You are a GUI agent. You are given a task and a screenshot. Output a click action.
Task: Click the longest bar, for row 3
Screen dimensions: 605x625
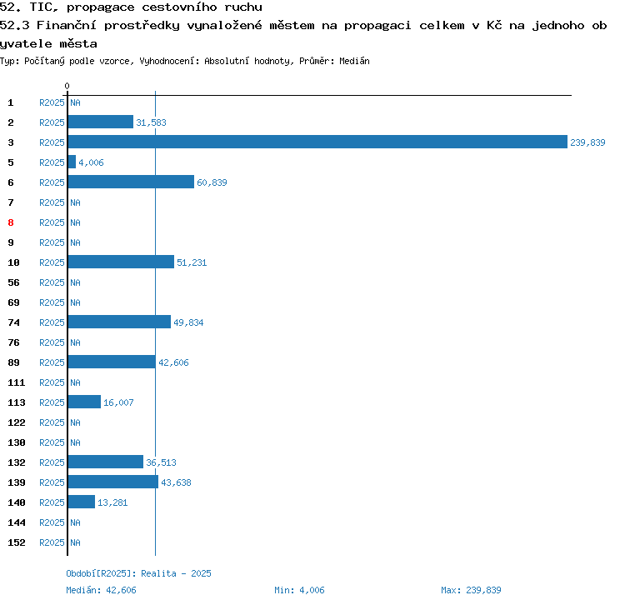click(317, 142)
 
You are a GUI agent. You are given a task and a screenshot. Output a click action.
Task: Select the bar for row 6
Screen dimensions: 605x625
click(131, 182)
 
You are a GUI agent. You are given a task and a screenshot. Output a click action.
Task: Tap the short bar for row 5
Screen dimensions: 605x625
click(72, 162)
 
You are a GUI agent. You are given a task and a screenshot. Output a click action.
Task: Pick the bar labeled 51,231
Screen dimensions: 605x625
click(121, 262)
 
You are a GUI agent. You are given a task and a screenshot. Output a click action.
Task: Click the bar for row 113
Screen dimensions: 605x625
click(84, 402)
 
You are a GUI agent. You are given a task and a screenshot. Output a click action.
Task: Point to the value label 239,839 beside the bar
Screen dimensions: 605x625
click(587, 142)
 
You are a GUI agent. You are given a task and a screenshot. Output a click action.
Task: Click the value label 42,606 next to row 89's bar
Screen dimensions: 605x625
click(173, 362)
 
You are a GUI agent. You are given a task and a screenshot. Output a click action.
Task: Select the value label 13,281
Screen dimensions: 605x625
click(112, 502)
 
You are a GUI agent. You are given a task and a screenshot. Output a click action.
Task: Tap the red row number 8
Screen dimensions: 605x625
click(11, 222)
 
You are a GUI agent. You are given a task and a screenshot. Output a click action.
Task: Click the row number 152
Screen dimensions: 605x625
click(17, 542)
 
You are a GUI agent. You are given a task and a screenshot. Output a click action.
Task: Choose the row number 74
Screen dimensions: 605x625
click(14, 322)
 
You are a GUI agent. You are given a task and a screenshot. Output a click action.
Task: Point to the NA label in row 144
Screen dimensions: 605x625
click(75, 522)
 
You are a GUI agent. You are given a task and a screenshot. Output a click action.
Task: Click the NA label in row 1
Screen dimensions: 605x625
click(75, 102)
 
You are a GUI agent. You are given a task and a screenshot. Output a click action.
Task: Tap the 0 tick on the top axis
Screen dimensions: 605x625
click(67, 86)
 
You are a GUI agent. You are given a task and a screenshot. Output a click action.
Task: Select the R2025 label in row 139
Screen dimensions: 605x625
click(52, 482)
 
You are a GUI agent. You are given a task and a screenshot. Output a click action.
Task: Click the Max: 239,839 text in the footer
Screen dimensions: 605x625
click(471, 590)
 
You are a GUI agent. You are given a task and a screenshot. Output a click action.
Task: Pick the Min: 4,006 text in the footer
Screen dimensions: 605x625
click(299, 590)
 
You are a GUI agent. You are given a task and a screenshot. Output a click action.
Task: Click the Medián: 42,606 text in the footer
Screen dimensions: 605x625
click(101, 590)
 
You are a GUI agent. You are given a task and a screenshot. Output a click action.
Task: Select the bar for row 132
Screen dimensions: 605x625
click(105, 462)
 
